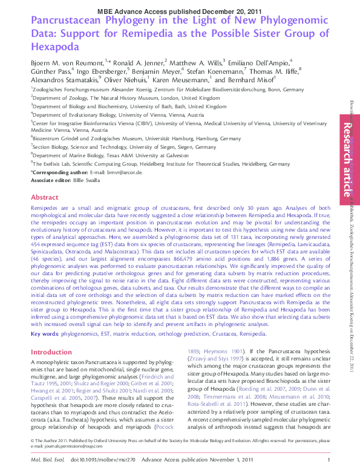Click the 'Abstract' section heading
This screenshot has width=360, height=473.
44,198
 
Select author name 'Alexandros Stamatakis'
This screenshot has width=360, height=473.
66,79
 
